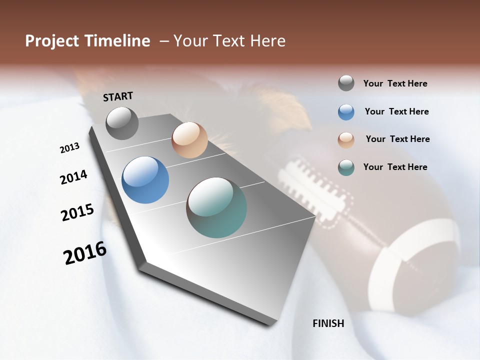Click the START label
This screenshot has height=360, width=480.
(118, 96)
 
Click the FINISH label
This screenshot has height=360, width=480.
(328, 323)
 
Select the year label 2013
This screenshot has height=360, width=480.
(69, 148)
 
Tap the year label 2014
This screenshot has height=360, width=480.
(73, 177)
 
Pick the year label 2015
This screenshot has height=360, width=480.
(77, 212)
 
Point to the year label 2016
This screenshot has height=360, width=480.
(85, 253)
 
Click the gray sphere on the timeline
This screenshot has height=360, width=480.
(122, 123)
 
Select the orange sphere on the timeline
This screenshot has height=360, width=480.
(189, 140)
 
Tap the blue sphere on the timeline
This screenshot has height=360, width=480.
(145, 180)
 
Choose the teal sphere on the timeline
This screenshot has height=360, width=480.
(216, 207)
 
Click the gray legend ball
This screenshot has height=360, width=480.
(346, 83)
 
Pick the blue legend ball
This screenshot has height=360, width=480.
(346, 112)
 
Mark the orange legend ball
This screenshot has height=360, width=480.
(346, 140)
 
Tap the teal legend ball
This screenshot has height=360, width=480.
(346, 167)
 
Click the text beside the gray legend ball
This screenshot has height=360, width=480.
(395, 83)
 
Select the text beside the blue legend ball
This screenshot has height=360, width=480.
(396, 111)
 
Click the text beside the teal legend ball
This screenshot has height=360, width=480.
(395, 167)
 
